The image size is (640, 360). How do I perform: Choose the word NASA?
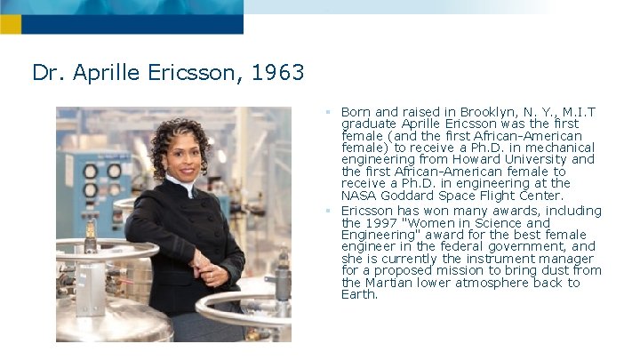pyautogui.click(x=361, y=195)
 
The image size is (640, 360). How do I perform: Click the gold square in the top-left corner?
pyautogui.click(x=10, y=25)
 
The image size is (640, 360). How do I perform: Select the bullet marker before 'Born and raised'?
pyautogui.click(x=328, y=113)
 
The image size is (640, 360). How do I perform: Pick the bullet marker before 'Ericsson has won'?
pyautogui.click(x=328, y=212)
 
